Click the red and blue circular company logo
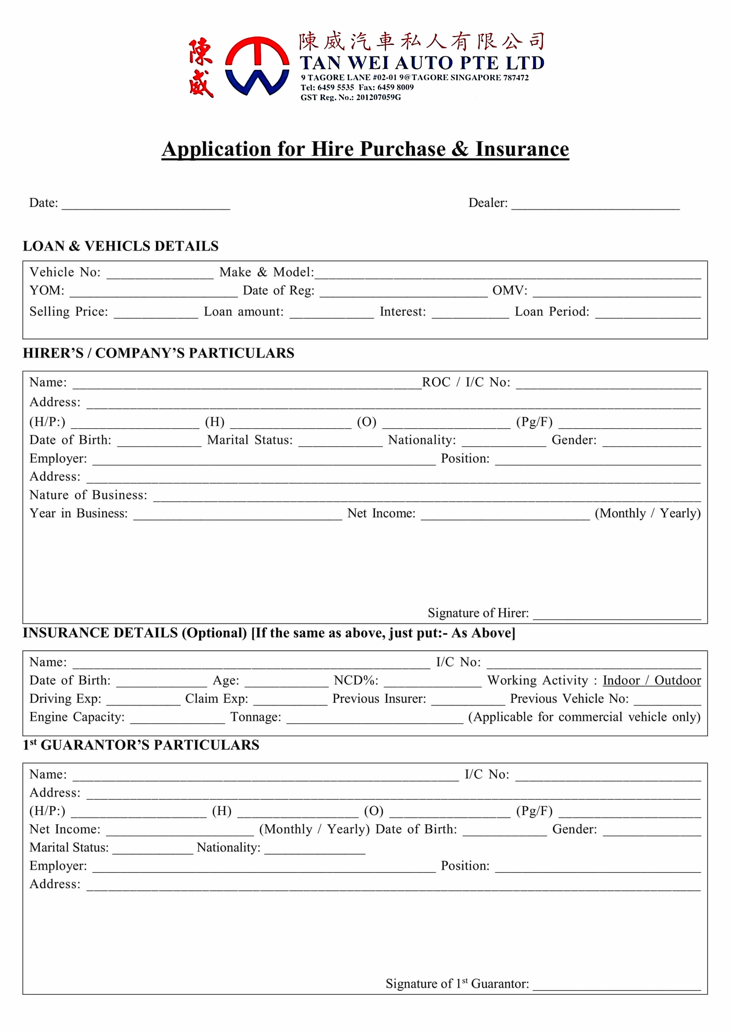pos(257,66)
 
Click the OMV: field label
pos(509,291)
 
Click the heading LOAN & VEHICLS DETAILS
pos(121,246)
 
